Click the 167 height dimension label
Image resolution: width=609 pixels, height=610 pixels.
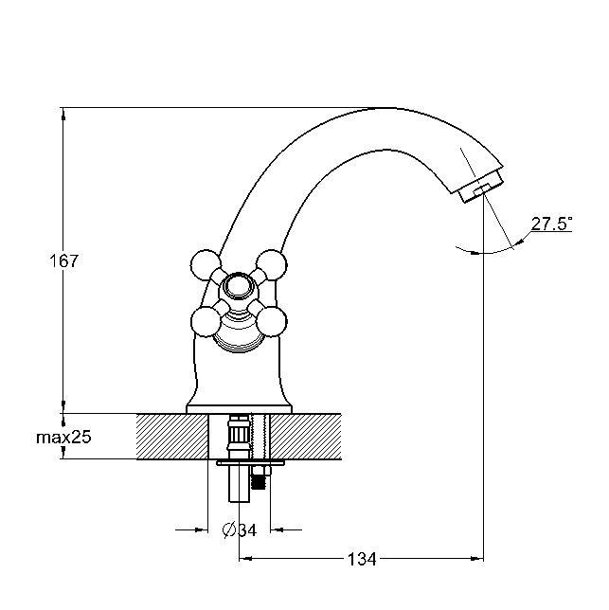tap(63, 260)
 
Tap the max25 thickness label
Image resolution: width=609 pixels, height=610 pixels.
tap(63, 438)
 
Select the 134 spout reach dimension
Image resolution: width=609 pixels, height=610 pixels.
tap(362, 560)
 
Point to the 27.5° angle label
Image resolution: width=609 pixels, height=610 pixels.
tap(551, 224)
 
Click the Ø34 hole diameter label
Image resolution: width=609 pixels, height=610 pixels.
tap(240, 529)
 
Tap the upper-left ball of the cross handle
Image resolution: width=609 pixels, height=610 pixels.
tap(206, 265)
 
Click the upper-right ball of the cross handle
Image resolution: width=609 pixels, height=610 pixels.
tap(272, 265)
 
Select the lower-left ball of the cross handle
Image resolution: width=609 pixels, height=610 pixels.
tap(206, 322)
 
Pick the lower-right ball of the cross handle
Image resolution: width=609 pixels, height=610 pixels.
tap(272, 322)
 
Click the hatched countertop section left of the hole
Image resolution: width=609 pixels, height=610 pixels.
tap(172, 437)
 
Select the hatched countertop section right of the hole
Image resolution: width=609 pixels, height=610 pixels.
tap(306, 437)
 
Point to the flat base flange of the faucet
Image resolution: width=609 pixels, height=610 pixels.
tap(240, 409)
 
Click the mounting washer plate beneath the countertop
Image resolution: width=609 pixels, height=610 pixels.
tap(250, 463)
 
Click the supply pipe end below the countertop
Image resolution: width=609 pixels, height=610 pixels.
tap(239, 484)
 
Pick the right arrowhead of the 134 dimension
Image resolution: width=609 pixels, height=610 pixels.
tap(476, 559)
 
